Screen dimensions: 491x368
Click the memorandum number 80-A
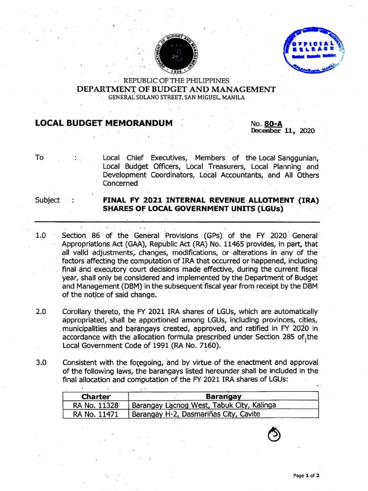pyautogui.click(x=276, y=124)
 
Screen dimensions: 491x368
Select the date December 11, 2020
pyautogui.click(x=283, y=131)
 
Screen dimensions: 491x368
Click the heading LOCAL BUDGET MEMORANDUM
pyautogui.click(x=103, y=123)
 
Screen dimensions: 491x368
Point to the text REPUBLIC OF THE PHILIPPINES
pyautogui.click(x=177, y=81)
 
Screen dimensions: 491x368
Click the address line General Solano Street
pyautogui.click(x=177, y=97)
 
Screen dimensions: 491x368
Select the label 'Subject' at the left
pyautogui.click(x=47, y=200)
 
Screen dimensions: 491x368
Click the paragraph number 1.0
pyautogui.click(x=41, y=235)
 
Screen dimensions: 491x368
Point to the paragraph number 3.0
pyautogui.click(x=41, y=362)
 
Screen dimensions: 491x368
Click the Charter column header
pyautogui.click(x=96, y=397)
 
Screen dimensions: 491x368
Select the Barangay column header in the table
pyautogui.click(x=223, y=397)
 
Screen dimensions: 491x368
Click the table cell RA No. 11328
pyautogui.click(x=96, y=405)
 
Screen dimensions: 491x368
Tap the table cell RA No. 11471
pyautogui.click(x=96, y=414)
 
